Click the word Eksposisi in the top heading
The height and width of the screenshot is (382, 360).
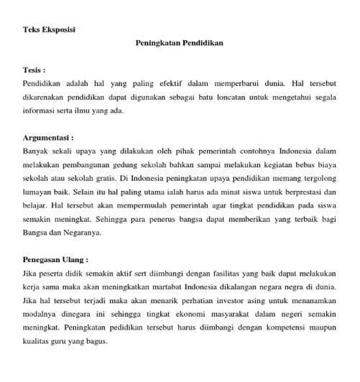click(58, 29)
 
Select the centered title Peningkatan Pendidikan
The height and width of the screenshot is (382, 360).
click(180, 43)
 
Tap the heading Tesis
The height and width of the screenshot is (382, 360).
click(34, 72)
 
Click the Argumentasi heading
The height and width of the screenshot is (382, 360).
click(47, 137)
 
